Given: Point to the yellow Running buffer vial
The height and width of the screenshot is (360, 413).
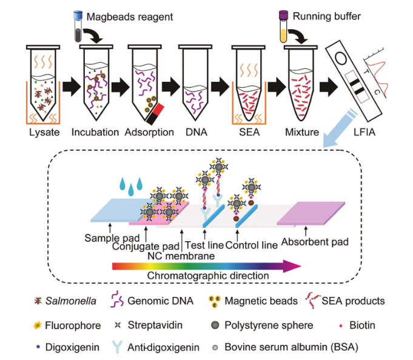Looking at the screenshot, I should (284, 26).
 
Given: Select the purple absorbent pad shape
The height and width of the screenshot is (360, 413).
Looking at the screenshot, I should (309, 213).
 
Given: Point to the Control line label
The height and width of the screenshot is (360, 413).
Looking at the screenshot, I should (252, 245).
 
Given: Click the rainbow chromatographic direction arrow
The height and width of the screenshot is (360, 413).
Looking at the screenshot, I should (206, 264).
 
